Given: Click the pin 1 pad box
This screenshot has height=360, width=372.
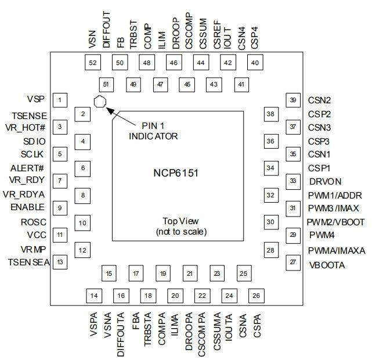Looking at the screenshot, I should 60,100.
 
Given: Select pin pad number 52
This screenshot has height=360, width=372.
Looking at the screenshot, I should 92,63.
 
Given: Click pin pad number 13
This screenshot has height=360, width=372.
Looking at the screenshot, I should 60,262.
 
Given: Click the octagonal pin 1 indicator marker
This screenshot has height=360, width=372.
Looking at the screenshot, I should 100,102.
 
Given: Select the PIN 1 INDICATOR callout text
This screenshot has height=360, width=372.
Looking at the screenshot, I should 153,131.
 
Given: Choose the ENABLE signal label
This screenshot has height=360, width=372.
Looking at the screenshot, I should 27,207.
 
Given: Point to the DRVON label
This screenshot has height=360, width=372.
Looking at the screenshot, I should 324,181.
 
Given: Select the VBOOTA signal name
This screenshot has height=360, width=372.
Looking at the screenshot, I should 327,265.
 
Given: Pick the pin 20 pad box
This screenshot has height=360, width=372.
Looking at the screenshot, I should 174,296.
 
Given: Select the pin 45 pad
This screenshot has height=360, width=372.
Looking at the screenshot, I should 187,84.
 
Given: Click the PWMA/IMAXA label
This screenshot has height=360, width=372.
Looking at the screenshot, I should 337,251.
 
